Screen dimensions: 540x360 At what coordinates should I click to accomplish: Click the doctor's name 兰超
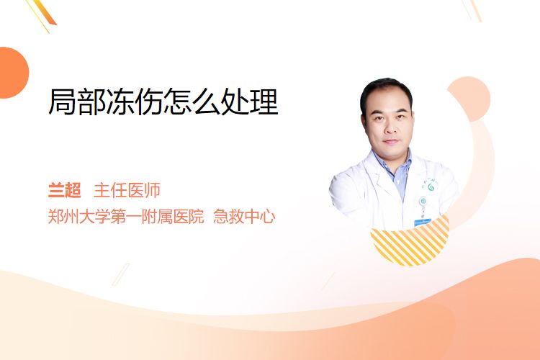[64, 190]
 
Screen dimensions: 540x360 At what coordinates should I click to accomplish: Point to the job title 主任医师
[127, 190]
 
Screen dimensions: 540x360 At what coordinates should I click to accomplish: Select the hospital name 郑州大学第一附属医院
[126, 216]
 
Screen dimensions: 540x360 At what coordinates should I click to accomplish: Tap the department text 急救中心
[244, 216]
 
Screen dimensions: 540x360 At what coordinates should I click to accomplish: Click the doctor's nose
[390, 129]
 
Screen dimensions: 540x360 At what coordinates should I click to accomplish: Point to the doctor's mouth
[391, 141]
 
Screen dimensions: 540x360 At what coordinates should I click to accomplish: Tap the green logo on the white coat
[431, 187]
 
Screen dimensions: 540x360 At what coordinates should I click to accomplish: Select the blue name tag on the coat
[423, 222]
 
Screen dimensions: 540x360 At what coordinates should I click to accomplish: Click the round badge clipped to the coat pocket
[423, 201]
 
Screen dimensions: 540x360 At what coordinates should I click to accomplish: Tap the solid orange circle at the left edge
[13, 73]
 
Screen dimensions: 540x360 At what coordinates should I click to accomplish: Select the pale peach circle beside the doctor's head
[469, 99]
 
